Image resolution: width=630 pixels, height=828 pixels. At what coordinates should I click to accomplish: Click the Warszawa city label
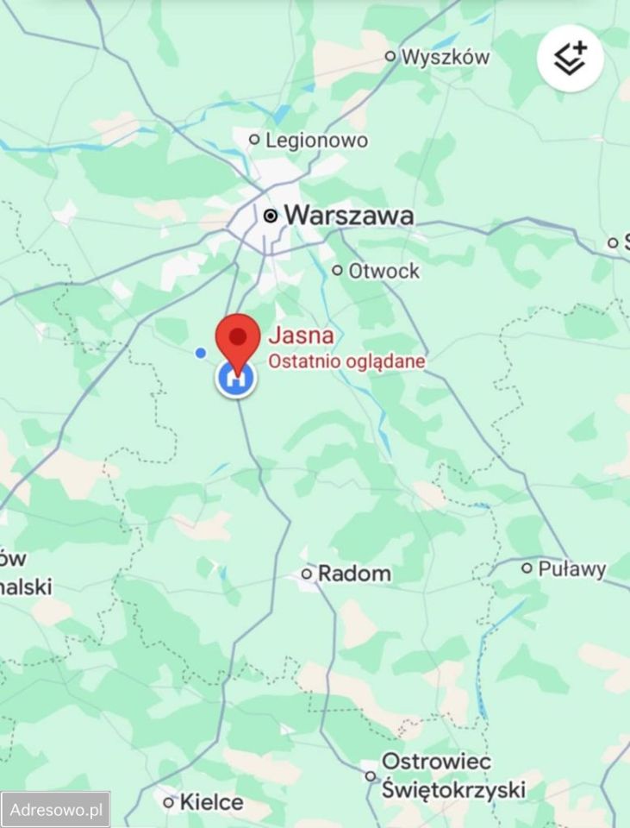pos(348,216)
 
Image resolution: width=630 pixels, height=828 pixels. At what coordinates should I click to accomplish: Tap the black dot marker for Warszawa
pos(271,216)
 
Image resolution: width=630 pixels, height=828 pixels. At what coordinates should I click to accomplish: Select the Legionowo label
pos(315,140)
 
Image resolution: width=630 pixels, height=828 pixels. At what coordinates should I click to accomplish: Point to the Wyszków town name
pos(446,57)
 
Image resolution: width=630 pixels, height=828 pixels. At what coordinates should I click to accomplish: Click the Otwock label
pos(384,271)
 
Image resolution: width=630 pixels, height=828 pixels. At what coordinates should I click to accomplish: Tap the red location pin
pos(237,340)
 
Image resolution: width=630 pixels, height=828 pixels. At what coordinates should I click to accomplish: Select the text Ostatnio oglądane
pos(346,361)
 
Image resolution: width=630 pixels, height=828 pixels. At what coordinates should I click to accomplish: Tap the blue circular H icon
pos(235,379)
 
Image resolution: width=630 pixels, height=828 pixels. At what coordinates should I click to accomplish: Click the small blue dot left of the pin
pos(201,352)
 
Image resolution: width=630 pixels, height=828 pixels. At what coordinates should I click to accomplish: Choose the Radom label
pos(354,573)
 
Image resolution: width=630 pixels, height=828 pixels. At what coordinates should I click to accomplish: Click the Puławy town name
pos(572,568)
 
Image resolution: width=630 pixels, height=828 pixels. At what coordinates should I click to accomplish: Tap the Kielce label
pos(211,802)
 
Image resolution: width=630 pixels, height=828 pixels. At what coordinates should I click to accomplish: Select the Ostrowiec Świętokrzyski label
pos(452,775)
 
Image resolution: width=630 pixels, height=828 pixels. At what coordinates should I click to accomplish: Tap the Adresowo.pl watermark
pos(55,810)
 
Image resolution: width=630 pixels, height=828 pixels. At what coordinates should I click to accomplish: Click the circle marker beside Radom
pos(307,573)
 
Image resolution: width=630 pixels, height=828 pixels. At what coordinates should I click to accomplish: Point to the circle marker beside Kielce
pos(169,802)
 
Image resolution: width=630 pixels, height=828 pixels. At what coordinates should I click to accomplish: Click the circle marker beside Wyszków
pos(390,57)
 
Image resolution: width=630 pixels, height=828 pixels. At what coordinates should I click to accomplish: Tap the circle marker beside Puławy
pos(527,568)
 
